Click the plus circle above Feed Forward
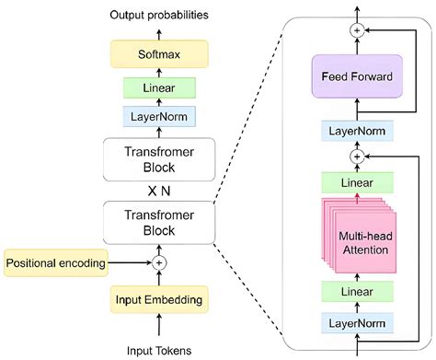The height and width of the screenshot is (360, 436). [x=356, y=30]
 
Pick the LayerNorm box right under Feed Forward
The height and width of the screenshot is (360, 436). [x=356, y=131]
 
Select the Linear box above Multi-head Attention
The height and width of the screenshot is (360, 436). [x=356, y=181]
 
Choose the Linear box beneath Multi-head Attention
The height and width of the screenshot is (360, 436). [x=356, y=293]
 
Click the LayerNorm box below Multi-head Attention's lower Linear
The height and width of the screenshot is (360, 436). [x=356, y=322]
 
